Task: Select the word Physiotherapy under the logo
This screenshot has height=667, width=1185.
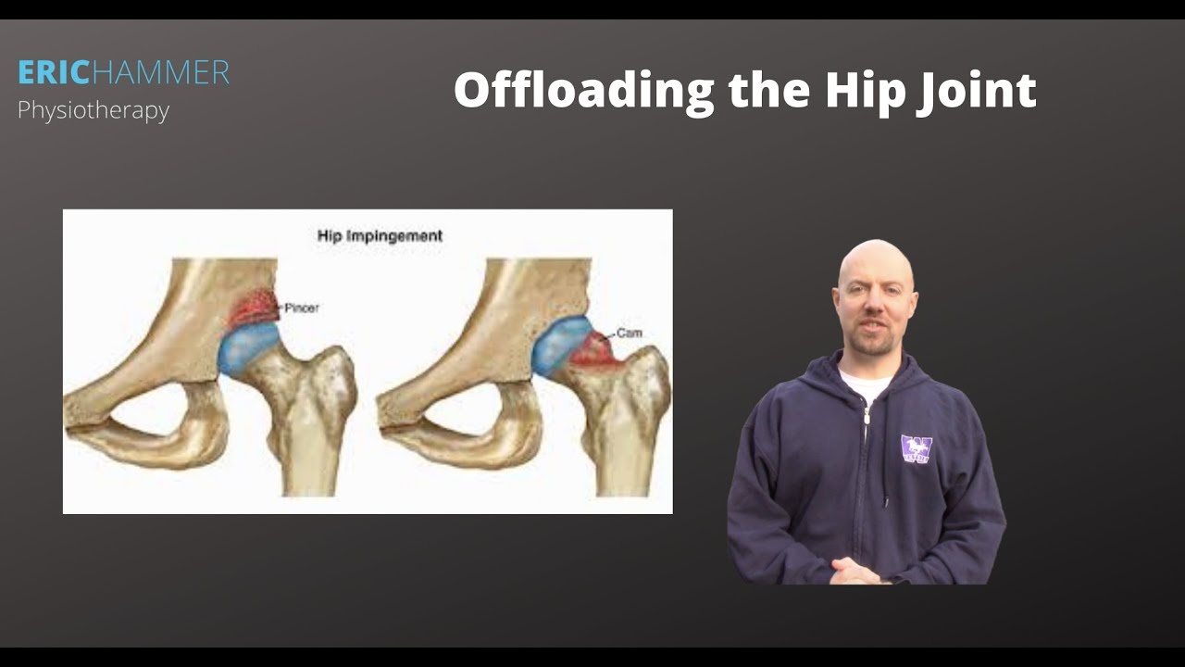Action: pos(94,110)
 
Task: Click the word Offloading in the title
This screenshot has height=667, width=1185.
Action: pos(583,91)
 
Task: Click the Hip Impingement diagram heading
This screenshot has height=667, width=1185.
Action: pos(380,236)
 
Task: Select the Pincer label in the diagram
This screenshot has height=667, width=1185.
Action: pos(302,308)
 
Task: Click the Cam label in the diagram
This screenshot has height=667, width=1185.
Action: pos(630,333)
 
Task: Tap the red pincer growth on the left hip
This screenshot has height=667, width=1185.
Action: pos(254,308)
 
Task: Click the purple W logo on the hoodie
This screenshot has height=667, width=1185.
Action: pos(917,449)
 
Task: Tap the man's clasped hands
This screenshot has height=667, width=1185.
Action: pos(856,570)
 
